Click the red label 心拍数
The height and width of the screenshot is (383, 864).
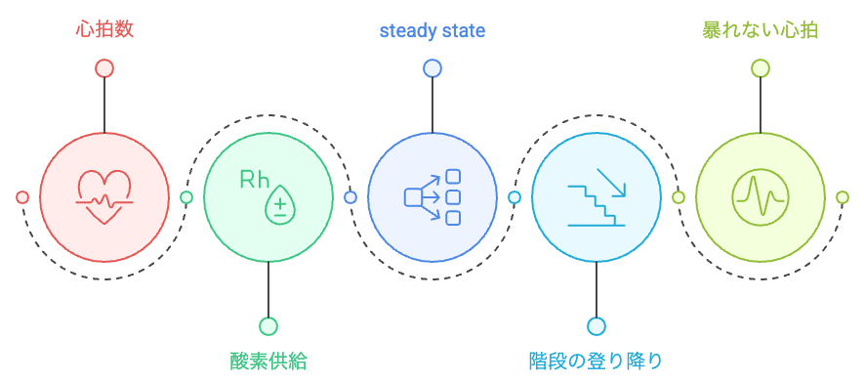click(x=104, y=30)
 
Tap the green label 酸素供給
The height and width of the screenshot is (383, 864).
click(x=268, y=362)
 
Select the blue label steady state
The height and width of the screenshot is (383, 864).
click(x=432, y=31)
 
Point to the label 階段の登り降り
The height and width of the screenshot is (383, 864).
click(x=596, y=362)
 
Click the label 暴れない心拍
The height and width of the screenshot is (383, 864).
click(x=761, y=30)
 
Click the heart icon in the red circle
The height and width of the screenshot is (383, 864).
click(x=104, y=196)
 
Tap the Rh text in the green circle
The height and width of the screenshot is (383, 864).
click(x=255, y=180)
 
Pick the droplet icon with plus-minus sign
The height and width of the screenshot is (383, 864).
click(x=280, y=204)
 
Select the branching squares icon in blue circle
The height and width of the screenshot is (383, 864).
click(x=432, y=196)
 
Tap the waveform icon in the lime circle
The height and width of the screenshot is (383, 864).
click(x=761, y=196)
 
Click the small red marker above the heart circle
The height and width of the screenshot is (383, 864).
click(x=104, y=68)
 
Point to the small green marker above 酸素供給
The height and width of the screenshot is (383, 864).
click(x=268, y=326)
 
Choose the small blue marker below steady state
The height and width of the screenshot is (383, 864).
click(x=432, y=68)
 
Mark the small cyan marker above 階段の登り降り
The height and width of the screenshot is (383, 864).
click(x=597, y=326)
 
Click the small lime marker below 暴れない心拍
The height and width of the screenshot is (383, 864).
click(x=761, y=68)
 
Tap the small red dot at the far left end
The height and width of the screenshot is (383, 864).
click(x=22, y=197)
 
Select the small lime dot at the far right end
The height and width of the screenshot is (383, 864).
click(x=843, y=197)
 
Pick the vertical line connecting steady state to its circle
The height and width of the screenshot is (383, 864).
click(x=432, y=104)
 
